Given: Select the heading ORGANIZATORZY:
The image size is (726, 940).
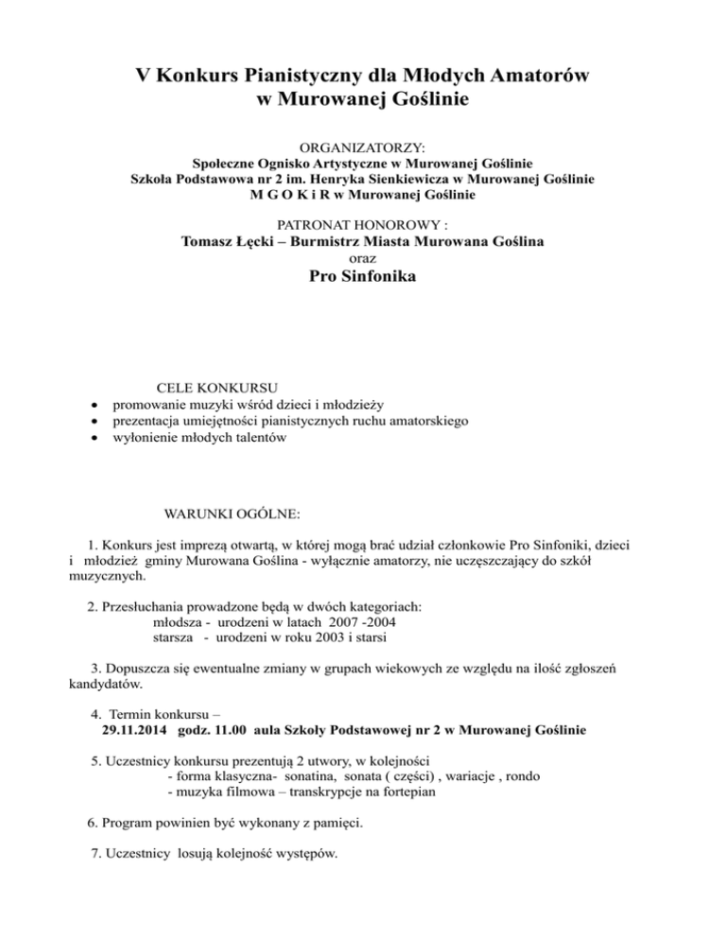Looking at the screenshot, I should pyautogui.click(x=363, y=149).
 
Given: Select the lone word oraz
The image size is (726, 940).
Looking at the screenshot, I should pyautogui.click(x=363, y=258).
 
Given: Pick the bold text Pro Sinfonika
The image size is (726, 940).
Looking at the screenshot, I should pyautogui.click(x=363, y=278).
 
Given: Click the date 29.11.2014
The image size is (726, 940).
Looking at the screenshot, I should pyautogui.click(x=130, y=732).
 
